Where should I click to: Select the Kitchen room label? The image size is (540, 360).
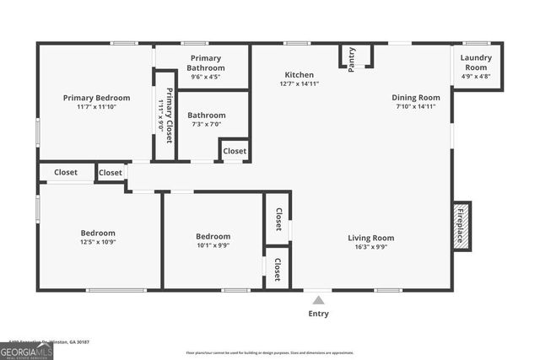(x=299, y=74)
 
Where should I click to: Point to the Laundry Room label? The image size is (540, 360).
(x=476, y=62)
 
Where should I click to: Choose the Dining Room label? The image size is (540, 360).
(x=416, y=97)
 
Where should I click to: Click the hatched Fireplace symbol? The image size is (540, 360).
(x=461, y=224)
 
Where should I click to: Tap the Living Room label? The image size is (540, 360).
(x=371, y=238)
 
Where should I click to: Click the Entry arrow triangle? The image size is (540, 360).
(x=318, y=298)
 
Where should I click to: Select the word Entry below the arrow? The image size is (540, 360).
(x=318, y=314)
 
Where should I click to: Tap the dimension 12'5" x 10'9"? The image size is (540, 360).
(x=98, y=243)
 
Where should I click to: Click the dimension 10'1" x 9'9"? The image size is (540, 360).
(x=213, y=246)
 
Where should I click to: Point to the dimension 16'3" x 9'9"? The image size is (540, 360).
(x=371, y=248)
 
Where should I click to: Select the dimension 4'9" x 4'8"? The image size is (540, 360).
(x=476, y=77)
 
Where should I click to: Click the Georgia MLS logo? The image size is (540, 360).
(x=26, y=351)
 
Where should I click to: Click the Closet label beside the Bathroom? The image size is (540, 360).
(x=235, y=152)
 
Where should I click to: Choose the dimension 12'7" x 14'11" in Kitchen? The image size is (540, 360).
(x=299, y=83)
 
